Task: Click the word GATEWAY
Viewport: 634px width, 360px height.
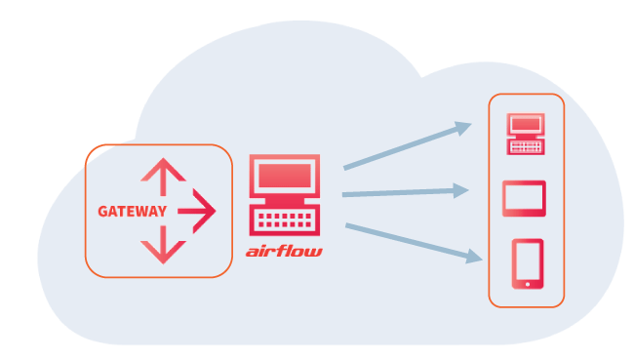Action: coord(133,212)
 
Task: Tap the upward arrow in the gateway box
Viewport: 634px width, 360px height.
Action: coord(163,177)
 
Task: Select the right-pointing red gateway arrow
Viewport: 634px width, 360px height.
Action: coord(197,211)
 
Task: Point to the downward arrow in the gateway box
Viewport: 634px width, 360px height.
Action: coord(163,245)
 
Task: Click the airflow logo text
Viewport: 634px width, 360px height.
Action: coord(284,251)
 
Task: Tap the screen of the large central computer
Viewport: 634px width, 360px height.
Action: coord(285,176)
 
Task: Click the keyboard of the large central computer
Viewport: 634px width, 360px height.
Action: coord(285,220)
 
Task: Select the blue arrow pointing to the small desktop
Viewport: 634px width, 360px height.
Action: coord(408,145)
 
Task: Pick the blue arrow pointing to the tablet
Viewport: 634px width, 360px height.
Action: coord(406,191)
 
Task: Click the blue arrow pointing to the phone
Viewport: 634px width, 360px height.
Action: coord(414,243)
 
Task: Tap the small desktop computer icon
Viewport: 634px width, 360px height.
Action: coord(526,134)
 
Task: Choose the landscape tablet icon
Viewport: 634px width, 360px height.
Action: coord(524,199)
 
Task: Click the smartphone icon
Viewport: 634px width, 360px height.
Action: coord(528,263)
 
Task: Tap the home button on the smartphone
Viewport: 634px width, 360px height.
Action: coord(528,284)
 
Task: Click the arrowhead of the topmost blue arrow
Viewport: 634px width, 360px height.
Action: coord(463,128)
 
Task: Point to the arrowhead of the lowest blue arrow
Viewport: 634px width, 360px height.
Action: coord(474,257)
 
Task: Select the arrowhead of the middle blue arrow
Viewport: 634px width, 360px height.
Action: coord(461,190)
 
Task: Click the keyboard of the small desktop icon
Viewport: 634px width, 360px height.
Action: coord(526,147)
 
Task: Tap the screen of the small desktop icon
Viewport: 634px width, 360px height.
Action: coord(526,123)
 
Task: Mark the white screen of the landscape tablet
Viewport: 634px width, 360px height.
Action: coord(524,198)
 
